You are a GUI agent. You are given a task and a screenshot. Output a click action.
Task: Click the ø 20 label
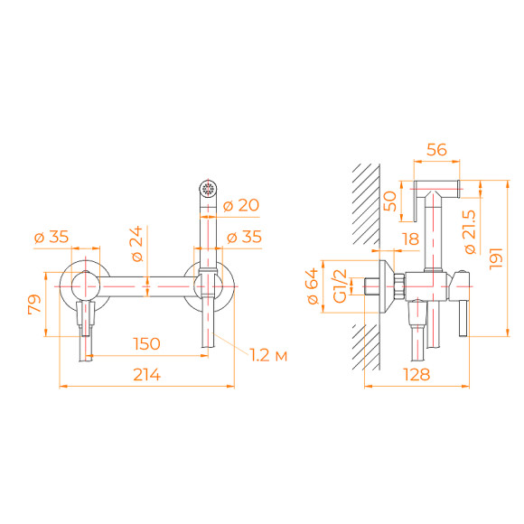[x=240, y=206]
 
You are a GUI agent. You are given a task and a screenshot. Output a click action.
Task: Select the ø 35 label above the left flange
[x=51, y=238]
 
